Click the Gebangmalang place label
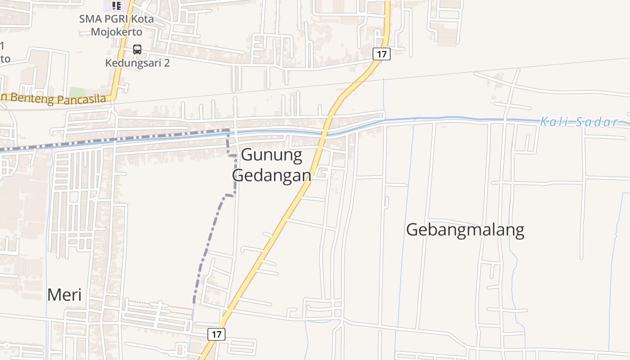click(465, 230)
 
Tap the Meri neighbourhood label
click(64, 295)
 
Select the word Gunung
click(272, 155)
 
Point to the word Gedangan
click(272, 175)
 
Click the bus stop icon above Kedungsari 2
click(137, 49)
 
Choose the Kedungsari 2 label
click(137, 63)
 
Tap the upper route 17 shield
click(381, 54)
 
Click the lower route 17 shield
click(216, 334)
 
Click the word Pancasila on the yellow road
click(81, 99)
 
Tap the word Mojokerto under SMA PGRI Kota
click(117, 32)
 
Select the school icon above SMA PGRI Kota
click(117, 6)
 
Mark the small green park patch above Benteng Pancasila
click(77, 92)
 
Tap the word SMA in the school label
click(88, 19)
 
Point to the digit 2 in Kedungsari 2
click(166, 63)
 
